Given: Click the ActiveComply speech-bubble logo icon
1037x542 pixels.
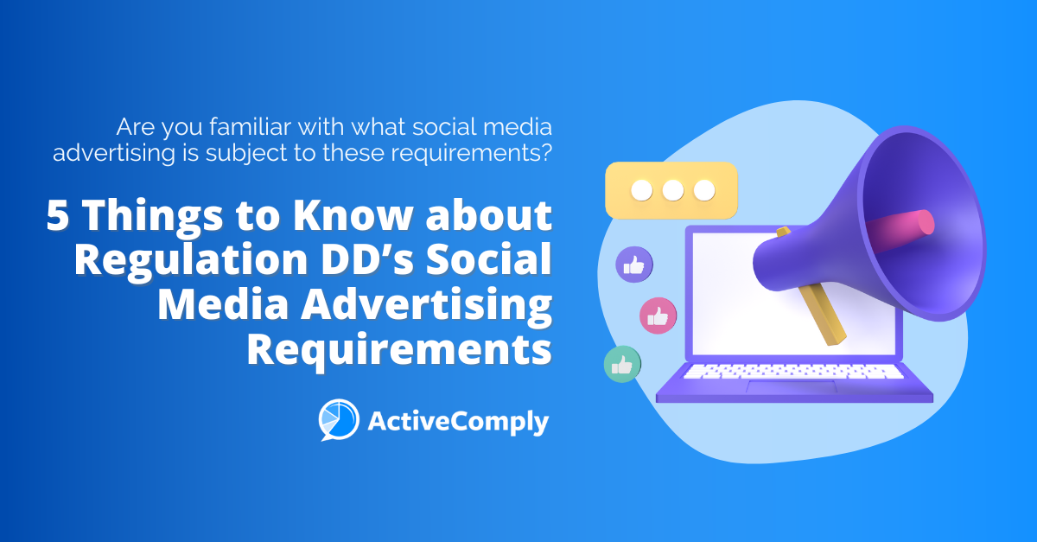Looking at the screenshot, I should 338,419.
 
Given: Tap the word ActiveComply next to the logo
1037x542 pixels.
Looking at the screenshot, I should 458,421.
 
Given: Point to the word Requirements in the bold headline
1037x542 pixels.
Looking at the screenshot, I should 399,349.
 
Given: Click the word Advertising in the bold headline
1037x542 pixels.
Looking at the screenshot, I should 420,306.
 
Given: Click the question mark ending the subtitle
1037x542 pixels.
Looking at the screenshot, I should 544,153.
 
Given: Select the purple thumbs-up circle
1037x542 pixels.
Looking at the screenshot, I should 633,265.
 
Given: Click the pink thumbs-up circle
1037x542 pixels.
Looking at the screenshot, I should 658,316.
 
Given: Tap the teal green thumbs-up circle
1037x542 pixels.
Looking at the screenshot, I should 621,364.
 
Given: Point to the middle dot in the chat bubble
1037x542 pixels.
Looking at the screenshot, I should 671,190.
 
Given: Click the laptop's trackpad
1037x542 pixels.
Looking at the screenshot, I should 778,386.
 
